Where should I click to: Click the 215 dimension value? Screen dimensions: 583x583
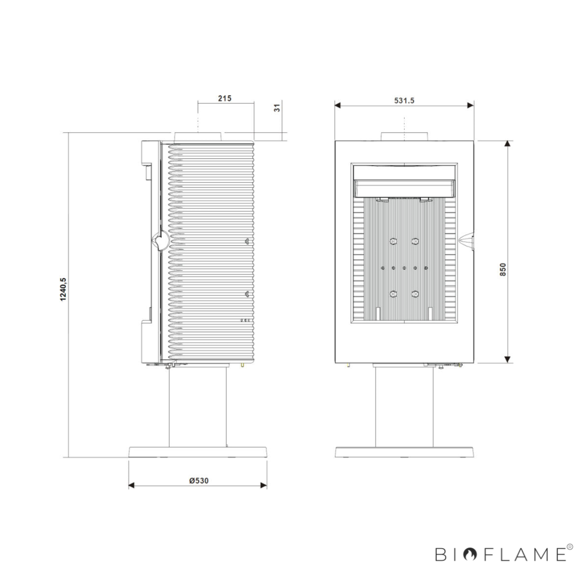(224, 98)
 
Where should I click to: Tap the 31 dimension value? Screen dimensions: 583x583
(277, 107)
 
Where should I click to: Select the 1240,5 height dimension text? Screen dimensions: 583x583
(63, 289)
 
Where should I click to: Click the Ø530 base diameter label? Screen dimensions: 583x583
(199, 480)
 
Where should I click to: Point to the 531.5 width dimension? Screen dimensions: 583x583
(404, 101)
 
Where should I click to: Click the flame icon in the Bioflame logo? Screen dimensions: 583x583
(471, 554)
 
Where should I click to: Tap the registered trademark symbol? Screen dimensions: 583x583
(570, 547)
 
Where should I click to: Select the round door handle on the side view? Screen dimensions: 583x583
(161, 240)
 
